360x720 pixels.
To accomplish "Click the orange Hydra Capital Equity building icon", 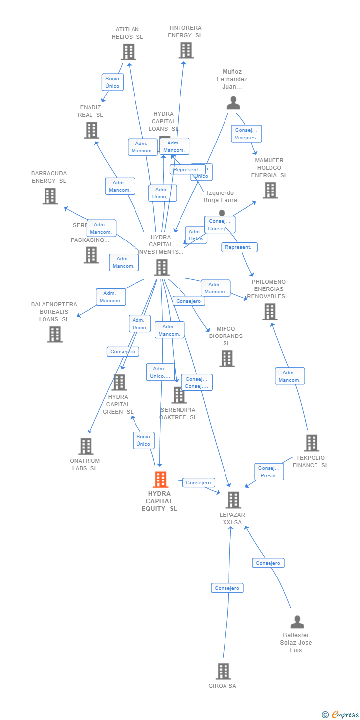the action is [160, 480].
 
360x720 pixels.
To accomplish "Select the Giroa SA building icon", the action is [223, 672].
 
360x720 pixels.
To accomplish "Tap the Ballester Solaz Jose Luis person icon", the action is [297, 622].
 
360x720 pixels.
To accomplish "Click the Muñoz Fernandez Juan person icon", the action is [233, 103].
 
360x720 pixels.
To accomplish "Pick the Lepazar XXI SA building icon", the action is [233, 500].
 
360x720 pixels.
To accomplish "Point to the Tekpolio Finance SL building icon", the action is [311, 443].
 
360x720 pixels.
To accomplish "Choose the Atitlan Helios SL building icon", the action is [128, 52].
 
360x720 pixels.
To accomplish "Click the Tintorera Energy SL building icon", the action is [186, 50].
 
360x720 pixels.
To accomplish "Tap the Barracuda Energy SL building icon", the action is [50, 196].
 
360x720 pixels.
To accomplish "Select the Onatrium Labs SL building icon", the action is [86, 446].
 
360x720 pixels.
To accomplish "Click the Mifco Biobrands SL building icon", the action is [226, 359].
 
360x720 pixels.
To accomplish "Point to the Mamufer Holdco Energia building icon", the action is [270, 190].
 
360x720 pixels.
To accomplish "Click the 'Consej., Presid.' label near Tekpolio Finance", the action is [270, 472].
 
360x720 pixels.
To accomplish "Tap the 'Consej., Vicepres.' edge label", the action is [246, 134].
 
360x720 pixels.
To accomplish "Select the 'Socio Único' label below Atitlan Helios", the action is [112, 82].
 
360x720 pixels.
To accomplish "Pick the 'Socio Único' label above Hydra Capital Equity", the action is [143, 440].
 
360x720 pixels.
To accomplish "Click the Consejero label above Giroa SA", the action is [227, 588].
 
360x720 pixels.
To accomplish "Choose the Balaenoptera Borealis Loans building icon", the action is [55, 335].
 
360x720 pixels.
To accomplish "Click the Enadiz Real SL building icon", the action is [91, 130].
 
